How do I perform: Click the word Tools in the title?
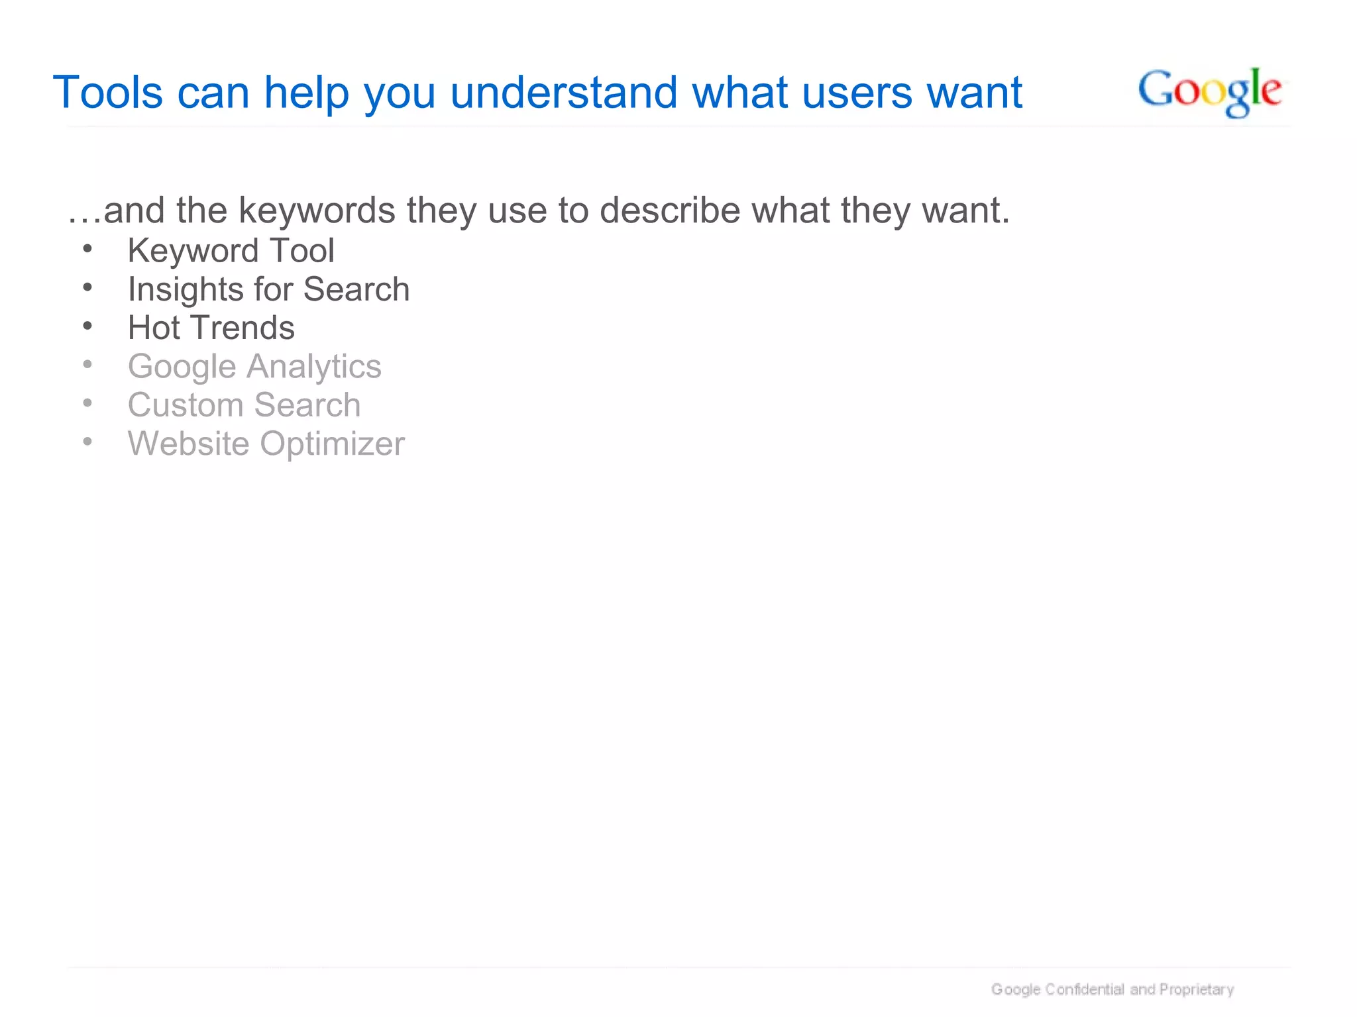pos(107,92)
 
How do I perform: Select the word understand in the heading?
pos(564,92)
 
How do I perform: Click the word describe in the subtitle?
pos(670,211)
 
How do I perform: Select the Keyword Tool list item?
pos(231,251)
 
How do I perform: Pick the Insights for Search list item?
pos(268,289)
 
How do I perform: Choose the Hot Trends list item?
pos(211,328)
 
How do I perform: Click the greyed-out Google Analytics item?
pos(254,367)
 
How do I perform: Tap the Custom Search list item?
pos(244,405)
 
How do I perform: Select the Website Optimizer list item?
pos(266,444)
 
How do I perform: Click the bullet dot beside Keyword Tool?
pos(87,249)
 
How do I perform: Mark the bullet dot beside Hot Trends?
pos(87,326)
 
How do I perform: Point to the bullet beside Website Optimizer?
pos(87,442)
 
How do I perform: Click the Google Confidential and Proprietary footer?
pos(1112,989)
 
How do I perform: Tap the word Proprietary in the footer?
pos(1196,989)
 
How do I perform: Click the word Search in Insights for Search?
pos(356,289)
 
